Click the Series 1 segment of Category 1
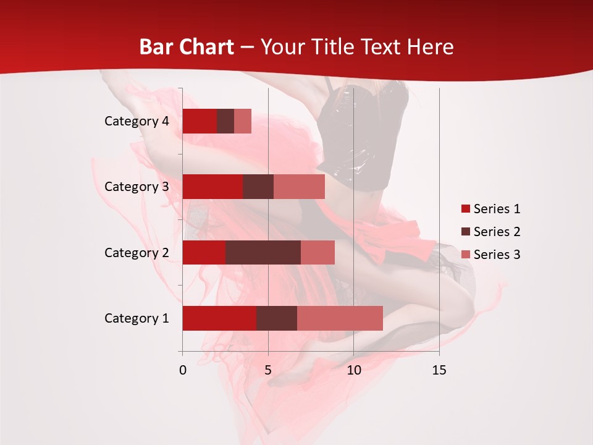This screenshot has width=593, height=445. (219, 318)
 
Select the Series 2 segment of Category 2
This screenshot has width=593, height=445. (263, 252)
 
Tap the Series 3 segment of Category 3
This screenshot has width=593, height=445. (299, 187)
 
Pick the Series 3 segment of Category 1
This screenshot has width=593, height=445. (340, 318)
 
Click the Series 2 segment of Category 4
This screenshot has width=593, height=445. (225, 121)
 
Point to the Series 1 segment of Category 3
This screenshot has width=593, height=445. (212, 187)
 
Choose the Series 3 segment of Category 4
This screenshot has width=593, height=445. (243, 121)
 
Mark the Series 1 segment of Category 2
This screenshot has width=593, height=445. (204, 252)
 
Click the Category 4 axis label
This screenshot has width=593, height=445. (137, 121)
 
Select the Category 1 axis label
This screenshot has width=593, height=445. (137, 318)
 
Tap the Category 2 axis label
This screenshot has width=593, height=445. (137, 252)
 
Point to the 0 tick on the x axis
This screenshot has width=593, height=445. (183, 370)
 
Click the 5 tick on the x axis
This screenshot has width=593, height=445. (268, 370)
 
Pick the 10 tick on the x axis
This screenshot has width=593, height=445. (353, 370)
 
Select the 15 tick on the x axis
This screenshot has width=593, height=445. (439, 370)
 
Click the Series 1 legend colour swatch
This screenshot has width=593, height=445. (465, 209)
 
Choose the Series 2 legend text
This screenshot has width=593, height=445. (497, 232)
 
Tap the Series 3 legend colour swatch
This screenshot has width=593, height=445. (465, 255)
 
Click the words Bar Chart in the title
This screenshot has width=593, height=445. (187, 47)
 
